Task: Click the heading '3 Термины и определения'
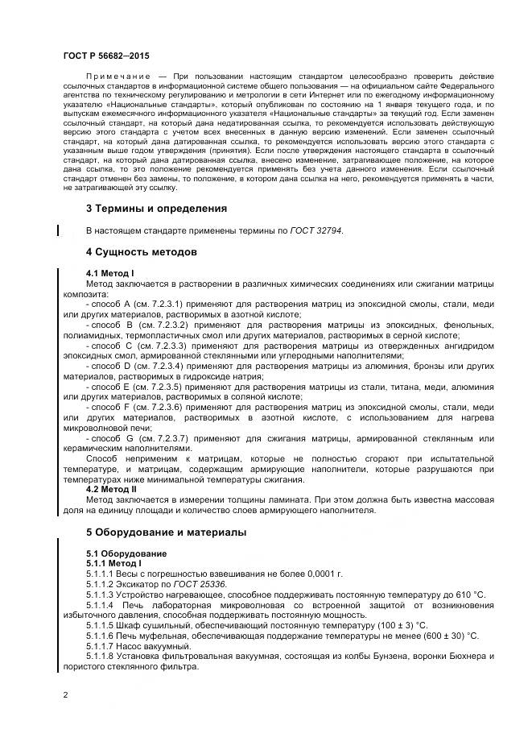click(156, 209)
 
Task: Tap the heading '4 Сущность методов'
click(141, 252)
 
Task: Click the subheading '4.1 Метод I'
click(109, 274)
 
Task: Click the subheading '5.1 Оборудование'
click(126, 553)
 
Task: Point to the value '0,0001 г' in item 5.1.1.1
click(325, 574)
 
